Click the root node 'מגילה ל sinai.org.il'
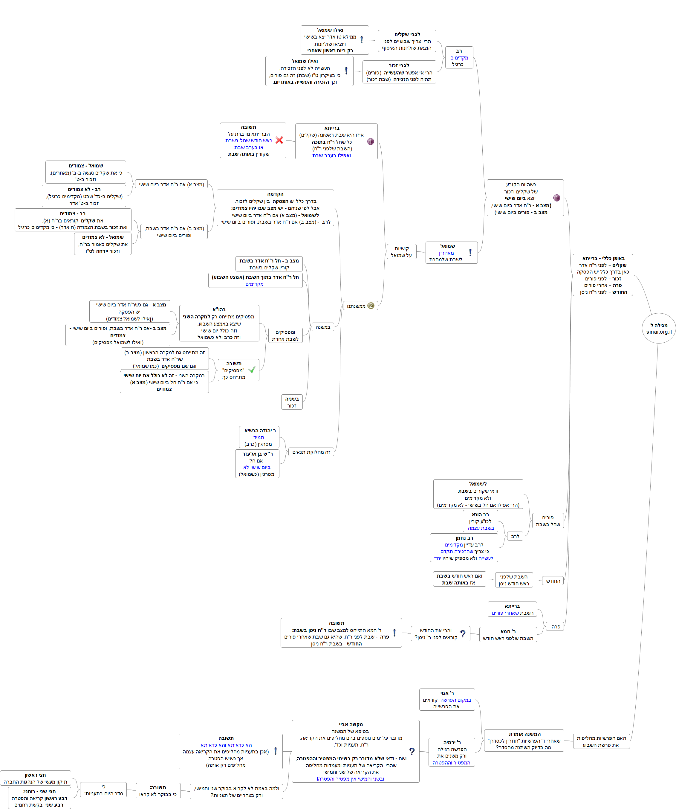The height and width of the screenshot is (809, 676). tap(659, 328)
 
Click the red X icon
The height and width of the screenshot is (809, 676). tap(279, 140)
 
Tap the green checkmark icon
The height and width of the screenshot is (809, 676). tap(252, 370)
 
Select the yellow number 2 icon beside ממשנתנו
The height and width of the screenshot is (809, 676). tap(371, 306)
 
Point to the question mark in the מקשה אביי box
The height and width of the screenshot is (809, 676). tap(412, 751)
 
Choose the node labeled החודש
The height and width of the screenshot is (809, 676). tap(553, 581)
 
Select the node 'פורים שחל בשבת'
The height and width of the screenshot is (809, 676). tap(547, 521)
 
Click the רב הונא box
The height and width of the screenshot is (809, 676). tap(480, 521)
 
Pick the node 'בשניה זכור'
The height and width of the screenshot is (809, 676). tap(292, 402)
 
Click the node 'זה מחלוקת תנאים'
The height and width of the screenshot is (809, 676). tap(311, 452)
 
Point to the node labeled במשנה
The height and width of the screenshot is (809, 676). tap(322, 327)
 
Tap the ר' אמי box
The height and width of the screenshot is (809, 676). tap(447, 700)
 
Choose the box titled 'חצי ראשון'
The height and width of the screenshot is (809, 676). tap(36, 778)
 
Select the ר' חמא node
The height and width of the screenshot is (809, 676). tap(508, 634)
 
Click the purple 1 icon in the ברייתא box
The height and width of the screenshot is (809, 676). tap(371, 141)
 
